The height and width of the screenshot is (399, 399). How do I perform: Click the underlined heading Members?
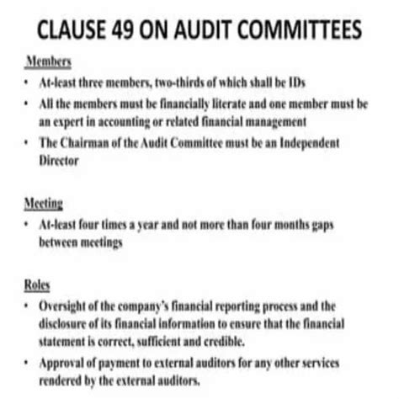[48, 63]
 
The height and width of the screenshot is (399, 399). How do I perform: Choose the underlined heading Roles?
[38, 285]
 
